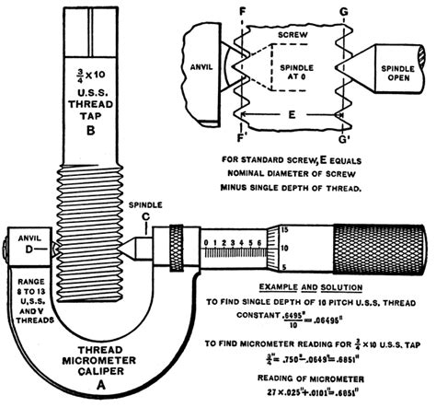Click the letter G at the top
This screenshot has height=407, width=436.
pos(342,11)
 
